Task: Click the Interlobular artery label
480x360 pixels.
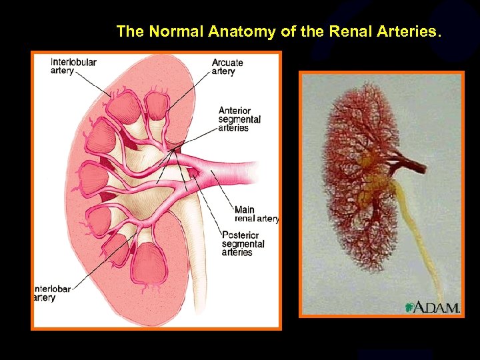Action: (73, 67)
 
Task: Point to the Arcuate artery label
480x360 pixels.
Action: (227, 67)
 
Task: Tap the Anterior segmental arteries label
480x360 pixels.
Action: (239, 119)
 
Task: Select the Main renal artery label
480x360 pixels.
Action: (256, 214)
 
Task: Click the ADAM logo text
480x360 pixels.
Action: (437, 307)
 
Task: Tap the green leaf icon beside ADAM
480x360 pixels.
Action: (409, 307)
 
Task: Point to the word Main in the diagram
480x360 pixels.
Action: (245, 210)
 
